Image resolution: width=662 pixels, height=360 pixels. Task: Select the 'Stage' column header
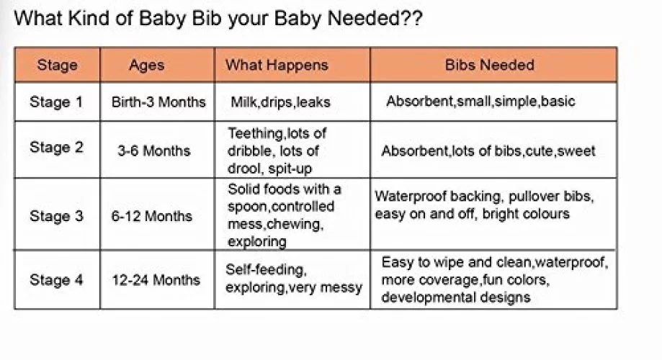(58, 65)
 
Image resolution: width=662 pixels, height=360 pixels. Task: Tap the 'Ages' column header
(146, 66)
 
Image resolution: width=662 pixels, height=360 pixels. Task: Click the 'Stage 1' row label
(55, 102)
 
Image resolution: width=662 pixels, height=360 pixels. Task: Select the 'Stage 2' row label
(56, 148)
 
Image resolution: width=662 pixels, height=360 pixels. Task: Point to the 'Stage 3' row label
(56, 216)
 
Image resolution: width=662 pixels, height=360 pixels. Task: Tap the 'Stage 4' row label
(56, 280)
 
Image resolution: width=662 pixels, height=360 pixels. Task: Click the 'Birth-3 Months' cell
(158, 102)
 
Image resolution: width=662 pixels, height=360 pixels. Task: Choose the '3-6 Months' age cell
(154, 150)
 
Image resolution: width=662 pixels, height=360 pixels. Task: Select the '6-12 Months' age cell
(151, 216)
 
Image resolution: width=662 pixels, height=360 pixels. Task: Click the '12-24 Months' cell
(156, 280)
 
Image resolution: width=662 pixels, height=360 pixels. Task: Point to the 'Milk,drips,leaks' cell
(280, 102)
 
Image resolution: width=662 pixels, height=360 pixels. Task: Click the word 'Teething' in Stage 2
(256, 134)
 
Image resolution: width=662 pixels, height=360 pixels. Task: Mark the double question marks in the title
(411, 18)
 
